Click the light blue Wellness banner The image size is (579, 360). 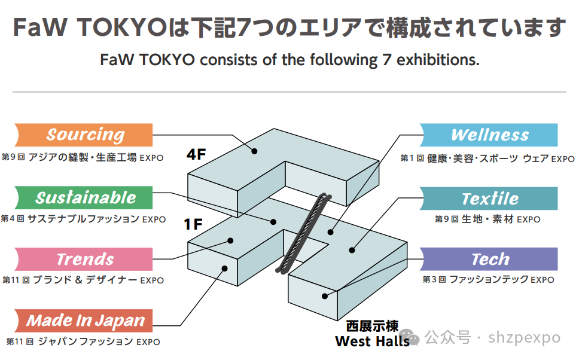coord(489,135)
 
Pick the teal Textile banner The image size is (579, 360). coord(489,198)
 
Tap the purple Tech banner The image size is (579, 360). coord(489,259)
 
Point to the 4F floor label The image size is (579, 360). coord(196,154)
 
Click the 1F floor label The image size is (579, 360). coord(193,225)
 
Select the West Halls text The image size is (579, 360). coord(372,341)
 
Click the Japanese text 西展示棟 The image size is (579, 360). coord(372,327)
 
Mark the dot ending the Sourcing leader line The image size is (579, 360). coord(254,151)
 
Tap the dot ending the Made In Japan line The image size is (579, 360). coord(224,268)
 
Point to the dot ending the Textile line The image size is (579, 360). coord(352,251)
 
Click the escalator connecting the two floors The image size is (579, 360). coord(304,233)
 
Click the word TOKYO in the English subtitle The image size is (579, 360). coord(161,60)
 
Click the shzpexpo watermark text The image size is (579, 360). coord(526,338)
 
